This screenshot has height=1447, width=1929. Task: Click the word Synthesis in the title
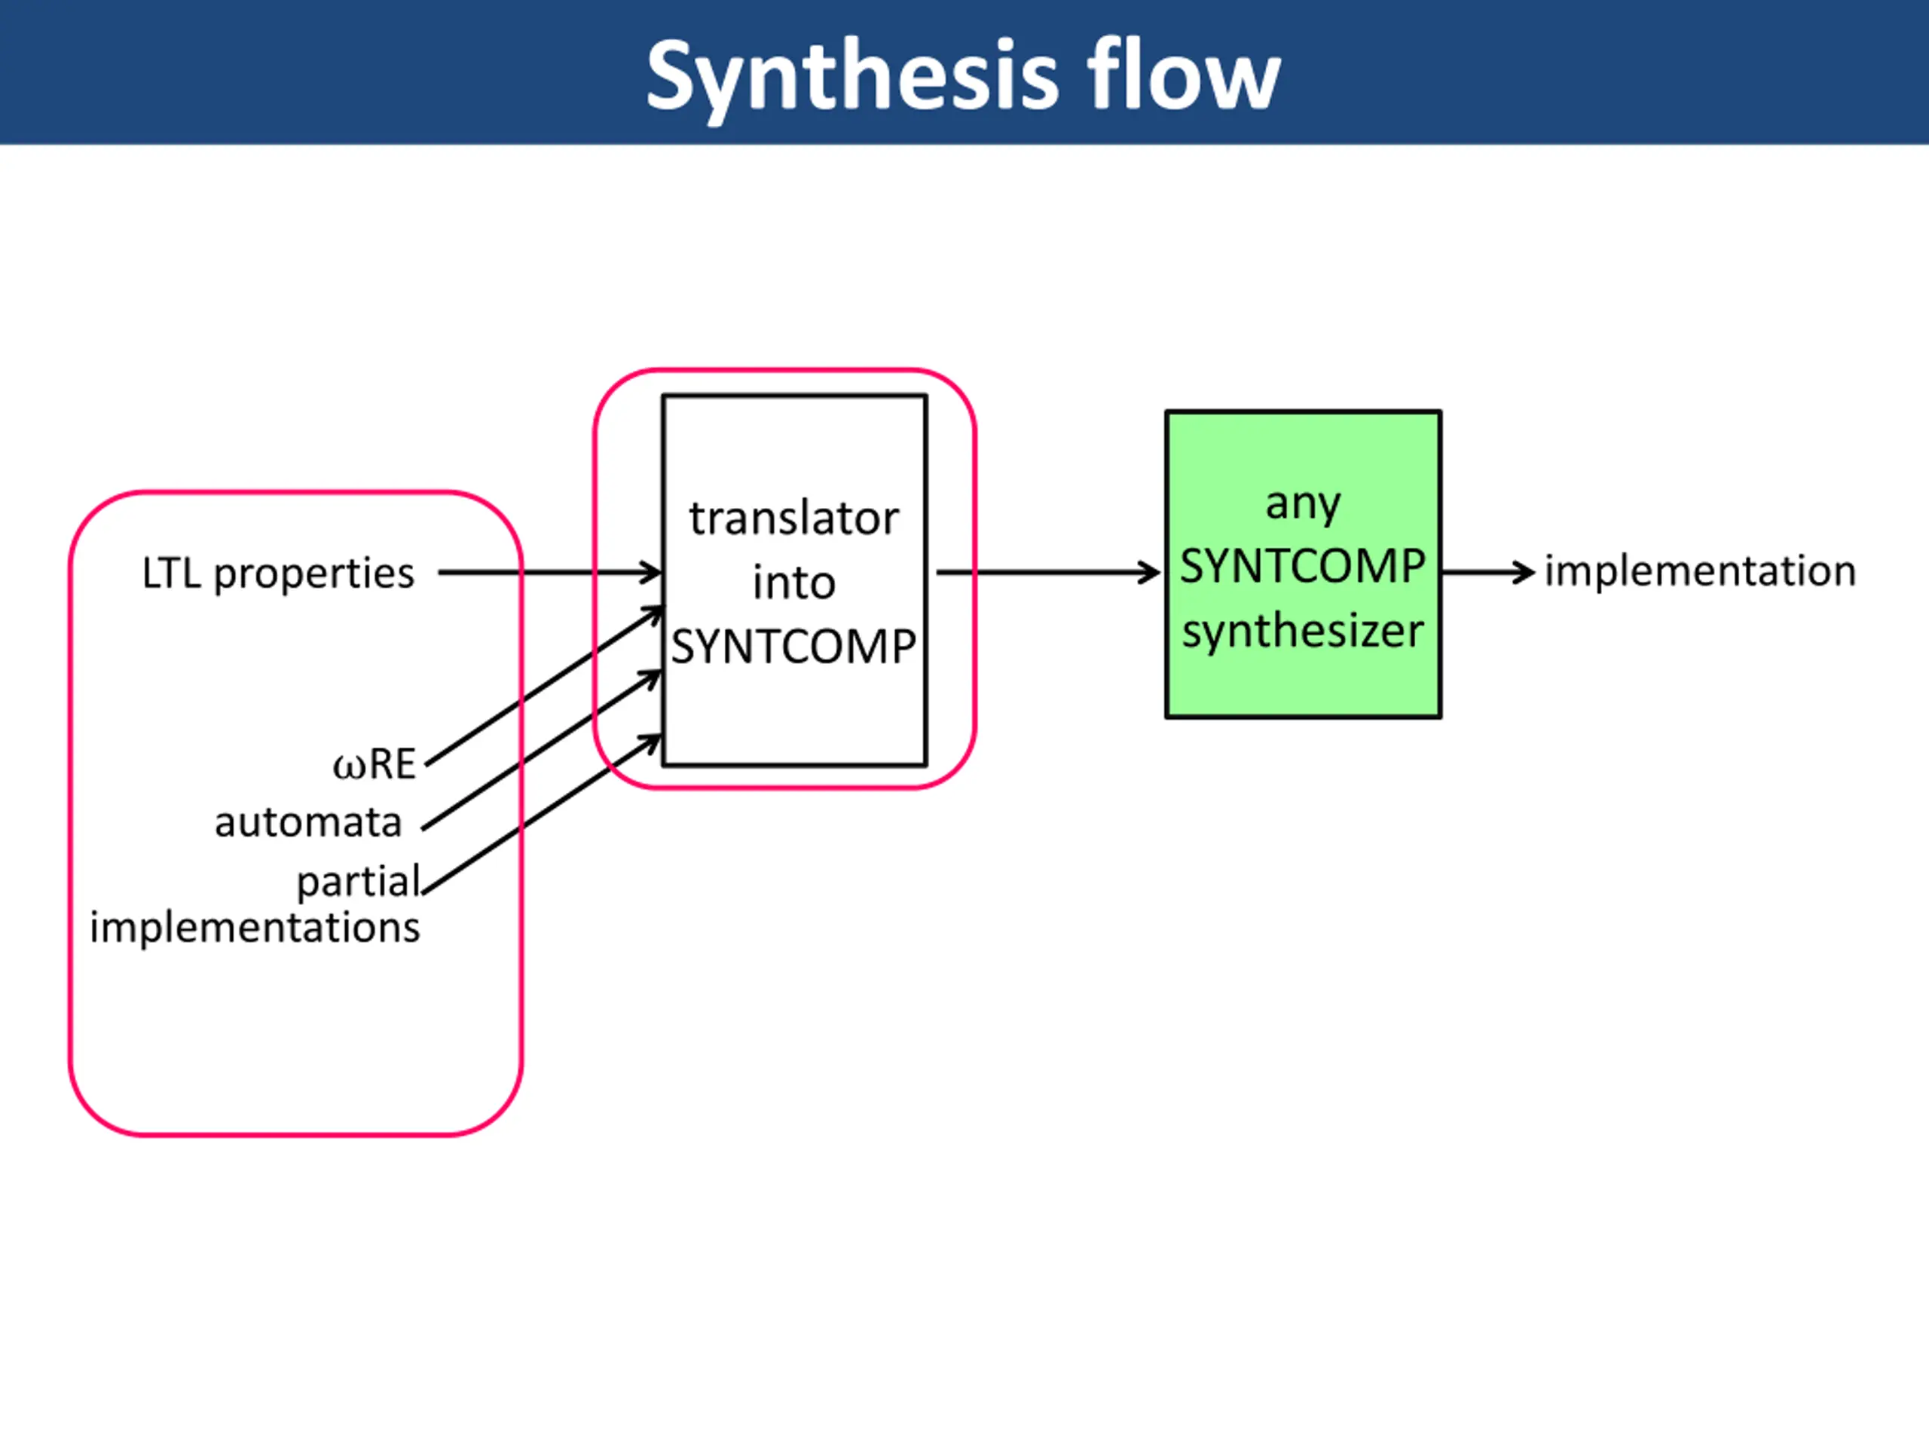pos(852,77)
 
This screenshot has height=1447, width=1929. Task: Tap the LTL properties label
pos(278,573)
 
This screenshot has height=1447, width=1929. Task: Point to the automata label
pos(308,822)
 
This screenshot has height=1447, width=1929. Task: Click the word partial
pos(359,882)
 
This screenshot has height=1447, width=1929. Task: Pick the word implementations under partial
pos(255,927)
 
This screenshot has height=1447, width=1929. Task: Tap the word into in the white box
pos(793,583)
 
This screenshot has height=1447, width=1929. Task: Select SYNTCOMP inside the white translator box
pos(793,647)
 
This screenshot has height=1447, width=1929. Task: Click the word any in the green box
pos(1303,504)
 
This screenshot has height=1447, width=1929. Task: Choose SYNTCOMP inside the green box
pos(1303,567)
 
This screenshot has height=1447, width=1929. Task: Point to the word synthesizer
pos(1303,631)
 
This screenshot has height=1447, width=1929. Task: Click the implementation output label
pos(1701,571)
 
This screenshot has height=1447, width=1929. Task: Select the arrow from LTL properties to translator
pos(549,573)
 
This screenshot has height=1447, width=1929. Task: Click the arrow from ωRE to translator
pos(545,687)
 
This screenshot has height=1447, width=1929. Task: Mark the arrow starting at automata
pos(541,750)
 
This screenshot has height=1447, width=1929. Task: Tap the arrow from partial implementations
pos(541,815)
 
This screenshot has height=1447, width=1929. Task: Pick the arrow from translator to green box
pos(1047,573)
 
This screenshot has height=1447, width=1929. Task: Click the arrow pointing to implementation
pos(1487,572)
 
